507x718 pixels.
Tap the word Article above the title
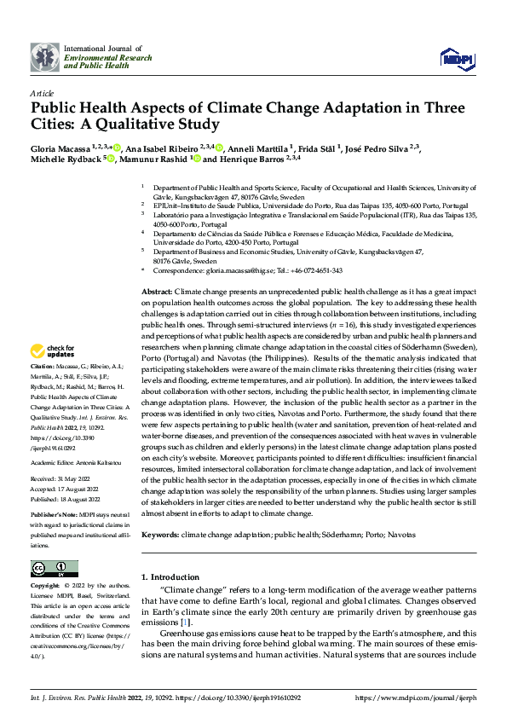42,93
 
